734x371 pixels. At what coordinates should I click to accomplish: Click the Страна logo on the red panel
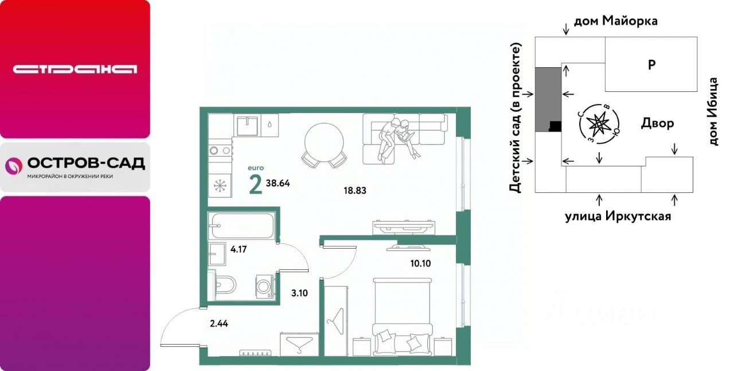[75, 69]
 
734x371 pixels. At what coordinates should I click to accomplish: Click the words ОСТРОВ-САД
[86, 163]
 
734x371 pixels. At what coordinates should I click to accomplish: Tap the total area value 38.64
[278, 183]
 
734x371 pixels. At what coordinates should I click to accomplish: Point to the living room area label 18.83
[355, 191]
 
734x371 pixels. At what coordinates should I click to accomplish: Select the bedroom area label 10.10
[420, 263]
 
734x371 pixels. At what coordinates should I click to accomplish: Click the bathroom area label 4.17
[239, 249]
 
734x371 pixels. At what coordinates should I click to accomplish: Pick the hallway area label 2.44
[219, 324]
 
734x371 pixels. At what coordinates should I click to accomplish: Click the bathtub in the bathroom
[243, 226]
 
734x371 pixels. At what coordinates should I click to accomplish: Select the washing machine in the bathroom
[265, 287]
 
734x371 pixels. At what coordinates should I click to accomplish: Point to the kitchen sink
[247, 126]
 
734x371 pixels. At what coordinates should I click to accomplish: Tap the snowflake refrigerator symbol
[220, 186]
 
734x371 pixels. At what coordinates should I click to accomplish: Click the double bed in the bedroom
[402, 317]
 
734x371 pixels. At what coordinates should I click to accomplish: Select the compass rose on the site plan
[599, 124]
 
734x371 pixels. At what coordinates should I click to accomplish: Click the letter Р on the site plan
[652, 65]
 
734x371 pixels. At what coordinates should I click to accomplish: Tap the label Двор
[657, 123]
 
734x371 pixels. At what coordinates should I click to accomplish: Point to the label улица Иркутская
[618, 216]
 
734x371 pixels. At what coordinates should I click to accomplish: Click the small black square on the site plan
[555, 126]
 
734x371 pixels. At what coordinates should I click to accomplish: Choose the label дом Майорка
[616, 21]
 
